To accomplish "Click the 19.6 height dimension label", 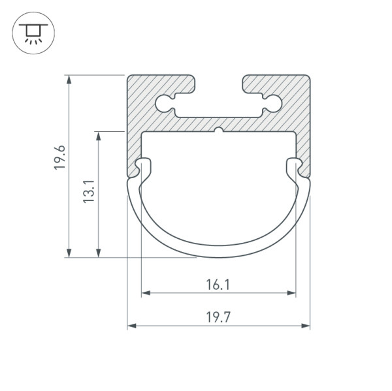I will coord(59,158).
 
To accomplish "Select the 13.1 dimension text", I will coord(90,191).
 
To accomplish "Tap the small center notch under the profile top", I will coord(218,131).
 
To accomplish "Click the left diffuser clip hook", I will coord(142,166).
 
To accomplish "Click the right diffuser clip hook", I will coord(294,166).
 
